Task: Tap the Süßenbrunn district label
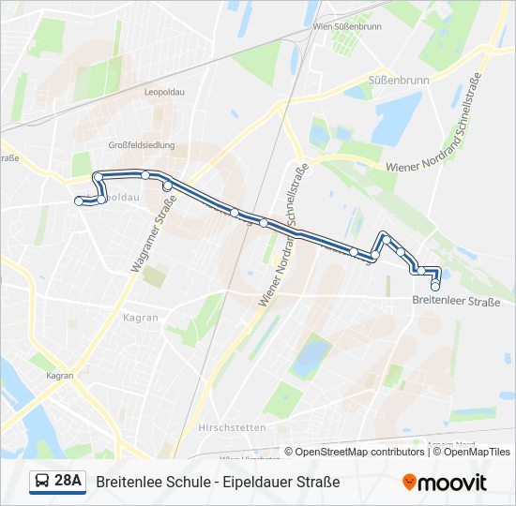[x=399, y=81]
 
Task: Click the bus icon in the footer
[x=42, y=482]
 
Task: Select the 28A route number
[x=68, y=482]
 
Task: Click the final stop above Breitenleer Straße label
[x=435, y=285]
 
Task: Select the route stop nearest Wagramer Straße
[x=168, y=186]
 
